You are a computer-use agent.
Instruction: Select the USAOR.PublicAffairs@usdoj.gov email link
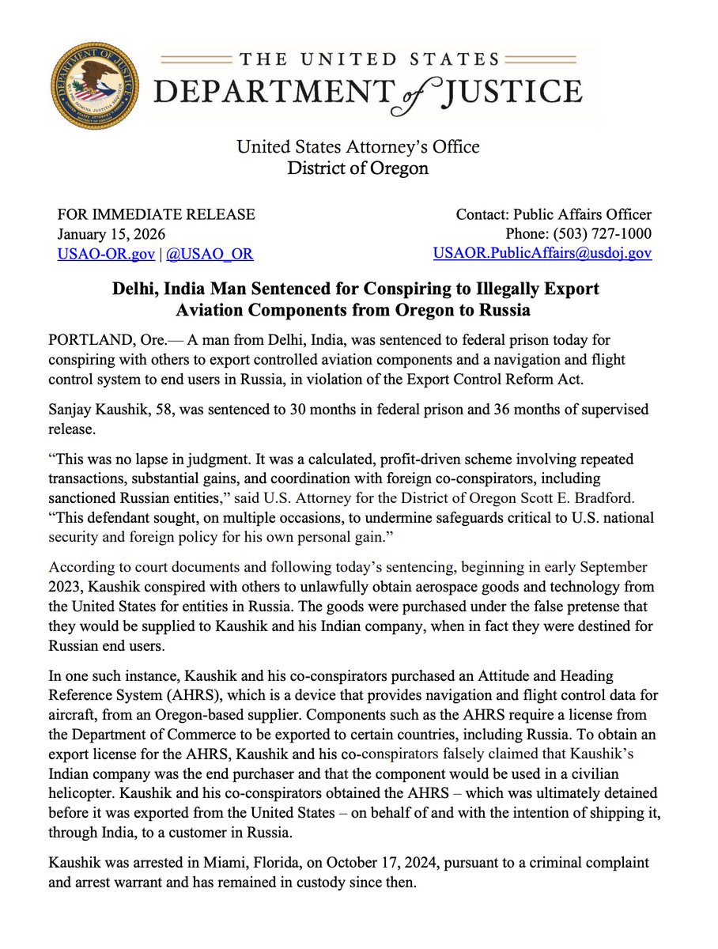coord(542,253)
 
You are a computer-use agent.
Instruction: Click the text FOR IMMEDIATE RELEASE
coord(157,214)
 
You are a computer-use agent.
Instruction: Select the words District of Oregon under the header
coord(358,168)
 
